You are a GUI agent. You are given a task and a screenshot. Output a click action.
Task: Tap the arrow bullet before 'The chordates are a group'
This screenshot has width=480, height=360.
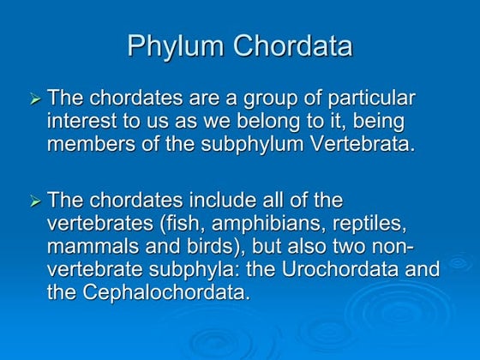35,101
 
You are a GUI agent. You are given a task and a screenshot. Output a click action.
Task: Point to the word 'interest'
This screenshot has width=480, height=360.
82,121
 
